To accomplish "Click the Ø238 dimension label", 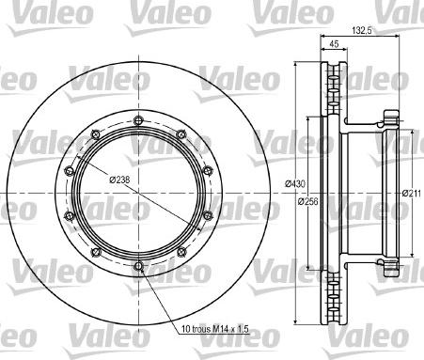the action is (x=119, y=180).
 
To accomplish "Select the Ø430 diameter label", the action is (x=295, y=183).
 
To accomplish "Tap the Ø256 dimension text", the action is (x=307, y=201).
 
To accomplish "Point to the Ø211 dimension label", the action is (x=412, y=194).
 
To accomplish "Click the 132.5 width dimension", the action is (x=362, y=30).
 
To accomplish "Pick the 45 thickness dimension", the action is (x=334, y=44).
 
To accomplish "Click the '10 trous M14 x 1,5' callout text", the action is (x=215, y=329).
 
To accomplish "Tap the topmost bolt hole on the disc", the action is (x=138, y=120).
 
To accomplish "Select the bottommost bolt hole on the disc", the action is (x=138, y=266).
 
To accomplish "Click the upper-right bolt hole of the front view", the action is (x=181, y=134).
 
